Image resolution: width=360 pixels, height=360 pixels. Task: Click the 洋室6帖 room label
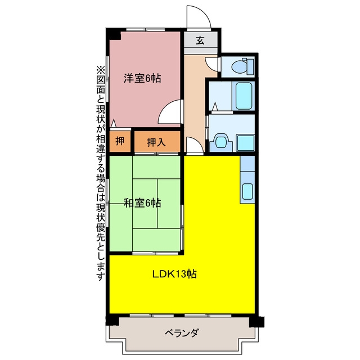coord(142,78)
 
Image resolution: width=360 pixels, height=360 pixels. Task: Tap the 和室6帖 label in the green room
coord(142,203)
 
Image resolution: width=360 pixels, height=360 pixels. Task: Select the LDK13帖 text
coord(174,274)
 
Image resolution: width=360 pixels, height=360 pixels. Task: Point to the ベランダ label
coord(181,332)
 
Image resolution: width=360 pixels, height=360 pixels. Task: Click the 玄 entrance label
coord(200,40)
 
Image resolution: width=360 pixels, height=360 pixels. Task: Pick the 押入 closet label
coord(156,142)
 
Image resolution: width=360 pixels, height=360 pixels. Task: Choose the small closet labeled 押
coord(120,141)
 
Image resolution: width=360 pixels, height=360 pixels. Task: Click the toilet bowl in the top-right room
coord(239,67)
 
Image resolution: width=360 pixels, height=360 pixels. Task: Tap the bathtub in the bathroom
coord(244,96)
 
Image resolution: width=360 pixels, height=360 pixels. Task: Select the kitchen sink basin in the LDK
coord(247,191)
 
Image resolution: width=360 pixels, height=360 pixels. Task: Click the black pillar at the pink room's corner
coord(115,34)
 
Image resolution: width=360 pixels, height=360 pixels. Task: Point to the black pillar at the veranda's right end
coord(256,322)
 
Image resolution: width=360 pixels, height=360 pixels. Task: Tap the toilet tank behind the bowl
coord(250,66)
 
